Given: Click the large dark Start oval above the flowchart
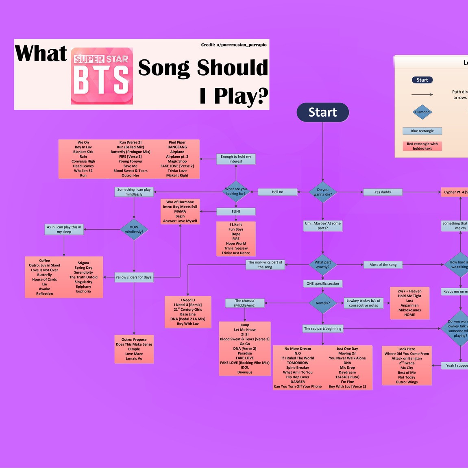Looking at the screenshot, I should (323, 112).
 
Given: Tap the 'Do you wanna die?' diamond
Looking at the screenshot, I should (323, 192).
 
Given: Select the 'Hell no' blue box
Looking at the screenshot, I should (277, 192).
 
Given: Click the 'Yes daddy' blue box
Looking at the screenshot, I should (383, 192).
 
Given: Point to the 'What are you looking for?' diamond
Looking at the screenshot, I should (236, 191).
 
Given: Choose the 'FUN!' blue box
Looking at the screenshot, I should (236, 211).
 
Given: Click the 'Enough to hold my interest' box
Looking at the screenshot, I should (236, 159).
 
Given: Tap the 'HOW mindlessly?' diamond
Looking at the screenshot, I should (134, 229).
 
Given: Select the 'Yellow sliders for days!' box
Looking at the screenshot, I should (134, 277).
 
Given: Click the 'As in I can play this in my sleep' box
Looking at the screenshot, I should (64, 229).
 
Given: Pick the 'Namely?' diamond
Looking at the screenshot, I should (323, 303).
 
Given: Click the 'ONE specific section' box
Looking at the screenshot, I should (323, 283).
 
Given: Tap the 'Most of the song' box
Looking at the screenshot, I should (383, 265).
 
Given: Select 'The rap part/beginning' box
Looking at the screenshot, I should (323, 329).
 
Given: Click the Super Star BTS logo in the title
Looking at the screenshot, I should (102, 76).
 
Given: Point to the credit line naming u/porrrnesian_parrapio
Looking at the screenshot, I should (234, 45).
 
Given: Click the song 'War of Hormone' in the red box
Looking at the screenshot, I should (180, 202).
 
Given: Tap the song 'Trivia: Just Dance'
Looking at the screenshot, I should (236, 253).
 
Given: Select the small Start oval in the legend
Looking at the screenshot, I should (422, 80).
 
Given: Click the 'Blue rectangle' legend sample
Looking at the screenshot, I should (422, 131).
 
